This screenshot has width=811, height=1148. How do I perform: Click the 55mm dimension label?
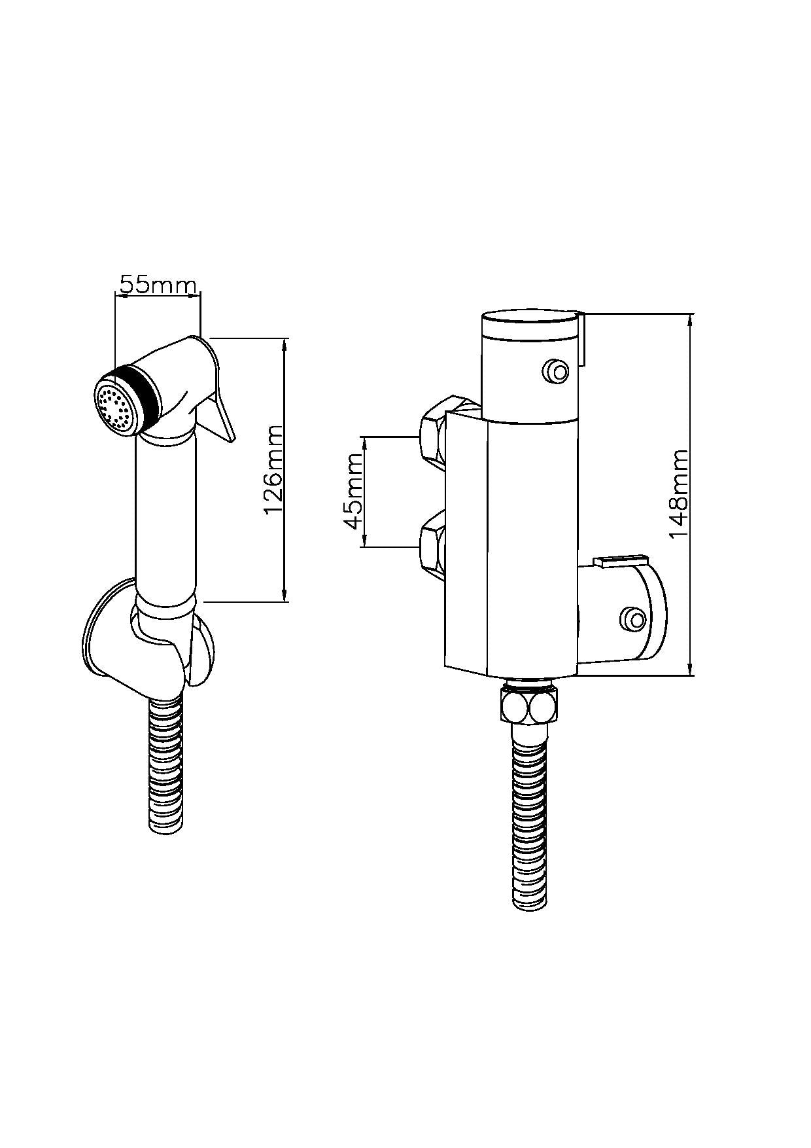pyautogui.click(x=158, y=285)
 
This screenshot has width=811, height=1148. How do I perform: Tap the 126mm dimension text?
pyautogui.click(x=274, y=469)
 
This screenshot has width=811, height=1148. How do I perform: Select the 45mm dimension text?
pyautogui.click(x=353, y=491)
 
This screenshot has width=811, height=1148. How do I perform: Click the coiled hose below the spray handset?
pyautogui.click(x=167, y=766)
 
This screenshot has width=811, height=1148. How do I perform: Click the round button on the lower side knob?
pyautogui.click(x=632, y=619)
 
